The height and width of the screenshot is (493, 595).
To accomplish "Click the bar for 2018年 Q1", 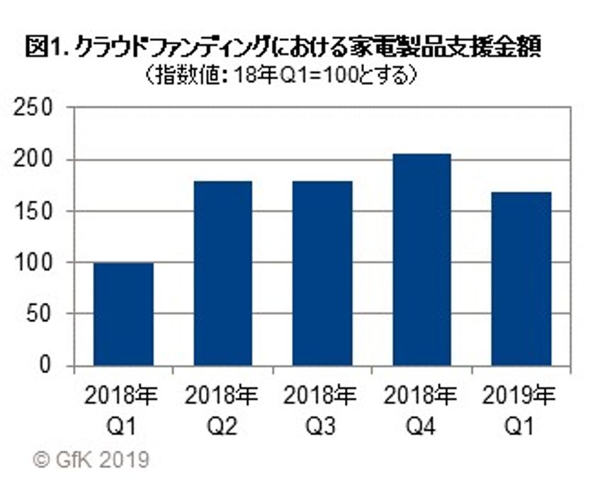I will click(x=123, y=314).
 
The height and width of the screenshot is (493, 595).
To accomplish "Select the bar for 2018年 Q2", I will click(x=222, y=273).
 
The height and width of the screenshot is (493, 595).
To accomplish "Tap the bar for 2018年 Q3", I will click(x=322, y=273).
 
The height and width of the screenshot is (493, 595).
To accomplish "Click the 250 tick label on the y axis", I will click(x=35, y=108).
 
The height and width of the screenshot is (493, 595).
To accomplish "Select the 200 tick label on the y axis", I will click(x=35, y=160).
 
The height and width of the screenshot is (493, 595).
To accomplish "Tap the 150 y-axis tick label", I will click(x=35, y=212).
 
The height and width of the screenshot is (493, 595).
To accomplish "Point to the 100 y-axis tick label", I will click(x=35, y=263).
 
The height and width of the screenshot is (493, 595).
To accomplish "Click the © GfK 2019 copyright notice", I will click(x=91, y=460).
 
